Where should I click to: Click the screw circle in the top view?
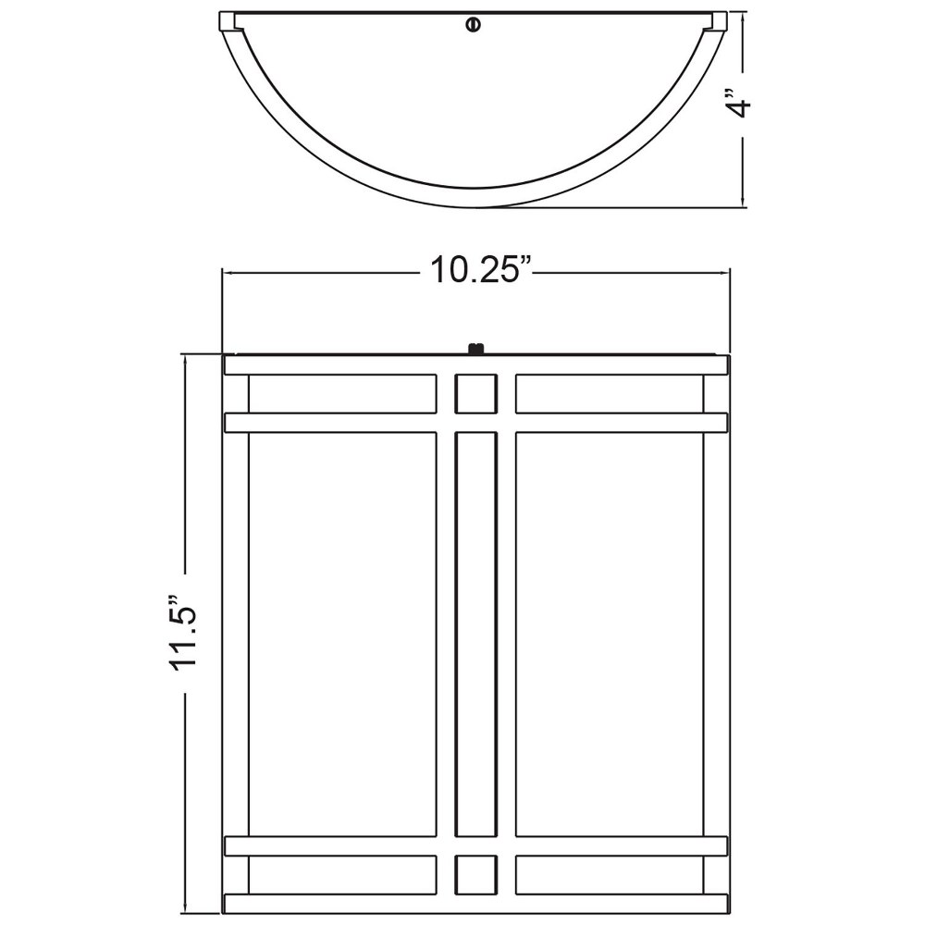[x=473, y=25]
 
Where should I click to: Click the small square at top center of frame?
[x=475, y=393]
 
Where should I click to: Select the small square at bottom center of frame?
[x=475, y=875]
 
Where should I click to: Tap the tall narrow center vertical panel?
[x=475, y=635]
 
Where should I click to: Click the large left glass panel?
[x=342, y=635]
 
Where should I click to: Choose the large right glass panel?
[x=610, y=635]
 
